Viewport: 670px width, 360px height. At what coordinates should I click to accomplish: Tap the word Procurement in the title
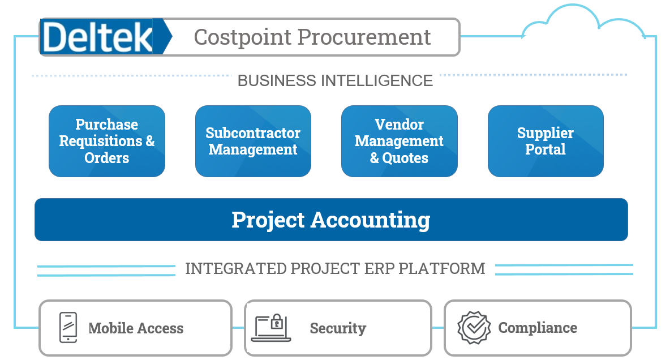pos(364,37)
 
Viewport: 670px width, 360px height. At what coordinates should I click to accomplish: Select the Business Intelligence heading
pos(335,80)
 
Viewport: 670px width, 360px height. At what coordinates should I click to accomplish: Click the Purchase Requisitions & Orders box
pos(107,141)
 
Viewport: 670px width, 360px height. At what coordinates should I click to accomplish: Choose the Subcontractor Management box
pos(253,141)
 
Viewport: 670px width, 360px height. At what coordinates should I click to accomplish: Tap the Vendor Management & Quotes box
pos(399,141)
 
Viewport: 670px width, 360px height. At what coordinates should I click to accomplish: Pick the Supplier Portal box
pos(546,141)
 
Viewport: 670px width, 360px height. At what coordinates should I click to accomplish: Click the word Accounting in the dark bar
pos(371,220)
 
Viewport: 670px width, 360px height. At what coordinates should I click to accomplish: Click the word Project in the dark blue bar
pos(268,220)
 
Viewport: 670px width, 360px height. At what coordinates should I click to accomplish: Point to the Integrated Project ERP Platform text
pos(335,268)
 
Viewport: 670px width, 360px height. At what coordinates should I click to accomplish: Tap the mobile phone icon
pos(68,328)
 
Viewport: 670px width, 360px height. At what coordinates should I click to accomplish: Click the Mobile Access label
pos(136,328)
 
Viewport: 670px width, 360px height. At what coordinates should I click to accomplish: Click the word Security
pos(338,328)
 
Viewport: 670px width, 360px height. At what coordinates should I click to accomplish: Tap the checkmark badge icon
pos(474,328)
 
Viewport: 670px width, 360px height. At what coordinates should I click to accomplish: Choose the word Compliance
pos(538,328)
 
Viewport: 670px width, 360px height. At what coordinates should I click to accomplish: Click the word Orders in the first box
pos(107,158)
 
